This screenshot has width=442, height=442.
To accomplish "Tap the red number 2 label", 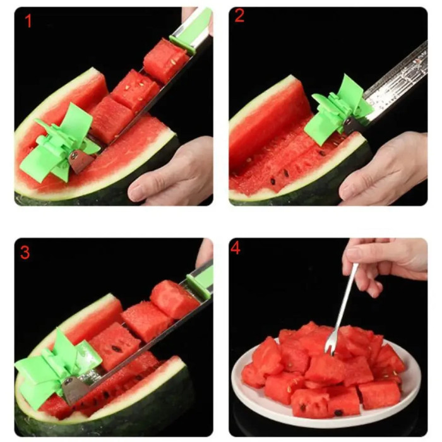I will pyautogui.click(x=239, y=16).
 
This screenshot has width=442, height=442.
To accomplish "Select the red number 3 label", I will pyautogui.click(x=25, y=253).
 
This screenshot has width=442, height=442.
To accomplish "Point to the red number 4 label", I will pyautogui.click(x=235, y=249).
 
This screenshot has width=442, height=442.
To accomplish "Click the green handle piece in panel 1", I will pyautogui.click(x=193, y=28).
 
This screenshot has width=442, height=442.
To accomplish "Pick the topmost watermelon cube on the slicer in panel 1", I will pyautogui.click(x=165, y=60).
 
